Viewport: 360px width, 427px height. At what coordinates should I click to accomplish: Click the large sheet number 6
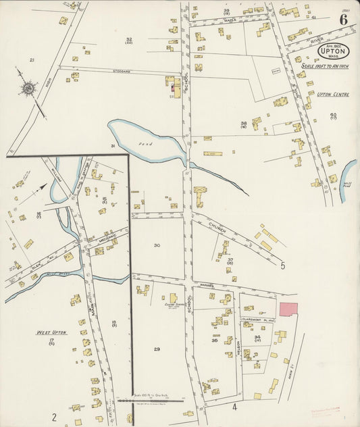point(344,19)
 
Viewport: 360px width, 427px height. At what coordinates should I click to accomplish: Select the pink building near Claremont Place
point(288,309)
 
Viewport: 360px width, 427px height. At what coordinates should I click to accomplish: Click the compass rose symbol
point(29,88)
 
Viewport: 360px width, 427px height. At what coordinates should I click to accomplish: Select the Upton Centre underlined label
point(332,95)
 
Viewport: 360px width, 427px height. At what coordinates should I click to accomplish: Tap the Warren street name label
point(207,285)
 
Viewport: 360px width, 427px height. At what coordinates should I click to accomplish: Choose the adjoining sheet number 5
point(282,266)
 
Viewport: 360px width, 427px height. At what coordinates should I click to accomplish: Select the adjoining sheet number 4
point(234,406)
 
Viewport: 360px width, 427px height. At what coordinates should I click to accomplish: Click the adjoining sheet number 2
point(53,408)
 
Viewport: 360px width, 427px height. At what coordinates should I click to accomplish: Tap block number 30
point(157,245)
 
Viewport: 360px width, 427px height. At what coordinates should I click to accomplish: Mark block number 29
point(157,349)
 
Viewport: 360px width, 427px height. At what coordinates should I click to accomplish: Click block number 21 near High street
point(31,60)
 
